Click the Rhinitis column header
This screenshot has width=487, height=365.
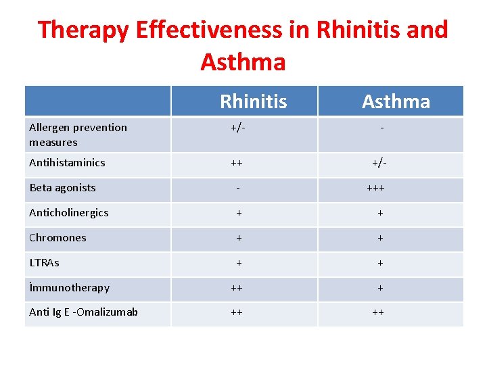(253, 102)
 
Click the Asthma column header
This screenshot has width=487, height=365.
(396, 102)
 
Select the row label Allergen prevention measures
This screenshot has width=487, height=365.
(78, 135)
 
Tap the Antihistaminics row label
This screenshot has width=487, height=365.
(67, 162)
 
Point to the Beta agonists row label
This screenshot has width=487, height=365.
(62, 187)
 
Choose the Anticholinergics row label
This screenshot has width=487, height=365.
(68, 212)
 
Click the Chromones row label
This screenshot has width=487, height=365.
(57, 237)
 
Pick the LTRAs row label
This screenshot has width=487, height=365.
(44, 262)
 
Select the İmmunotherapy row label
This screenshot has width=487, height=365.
(69, 287)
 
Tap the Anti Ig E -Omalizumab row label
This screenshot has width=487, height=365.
(83, 312)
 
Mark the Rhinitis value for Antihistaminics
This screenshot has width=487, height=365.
(237, 163)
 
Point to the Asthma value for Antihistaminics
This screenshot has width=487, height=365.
(379, 163)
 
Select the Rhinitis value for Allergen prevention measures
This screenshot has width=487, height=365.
(238, 128)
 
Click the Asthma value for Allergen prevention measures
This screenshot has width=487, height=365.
(382, 128)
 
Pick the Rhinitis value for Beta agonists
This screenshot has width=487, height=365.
(238, 188)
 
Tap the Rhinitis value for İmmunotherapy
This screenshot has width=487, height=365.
(237, 288)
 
